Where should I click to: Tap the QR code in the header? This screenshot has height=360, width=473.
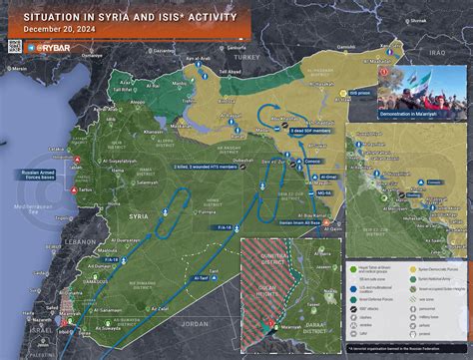tap(15, 46)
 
